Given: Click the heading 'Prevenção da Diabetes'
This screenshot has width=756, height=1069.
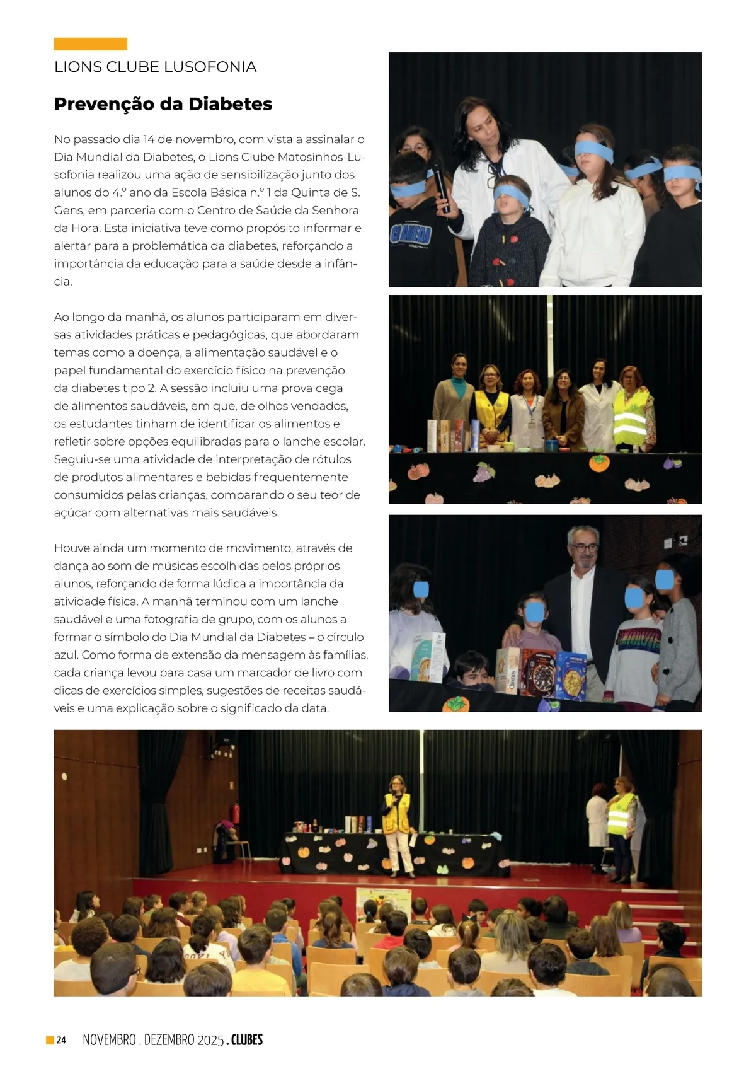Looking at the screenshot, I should (163, 104).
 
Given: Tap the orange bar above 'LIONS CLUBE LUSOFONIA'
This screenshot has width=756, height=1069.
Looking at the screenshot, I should (90, 44).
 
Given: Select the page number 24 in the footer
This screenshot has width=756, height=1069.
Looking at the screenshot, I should (61, 1040).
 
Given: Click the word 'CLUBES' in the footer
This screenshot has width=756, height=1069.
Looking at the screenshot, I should (246, 1040).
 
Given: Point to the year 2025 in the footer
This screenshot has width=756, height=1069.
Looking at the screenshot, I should (210, 1040).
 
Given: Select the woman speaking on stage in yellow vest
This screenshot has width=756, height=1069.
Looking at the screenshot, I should (398, 823).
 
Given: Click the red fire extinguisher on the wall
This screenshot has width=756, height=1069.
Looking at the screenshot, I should (237, 813).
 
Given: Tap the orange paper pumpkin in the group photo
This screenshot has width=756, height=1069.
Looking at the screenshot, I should (599, 463).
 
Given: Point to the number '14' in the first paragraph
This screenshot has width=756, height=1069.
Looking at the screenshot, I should (149, 139).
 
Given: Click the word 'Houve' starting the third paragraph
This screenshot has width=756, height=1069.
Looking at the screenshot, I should (72, 548).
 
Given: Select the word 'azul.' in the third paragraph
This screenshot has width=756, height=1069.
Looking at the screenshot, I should (66, 655).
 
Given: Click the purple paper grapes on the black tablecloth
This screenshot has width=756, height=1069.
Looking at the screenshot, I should (484, 471).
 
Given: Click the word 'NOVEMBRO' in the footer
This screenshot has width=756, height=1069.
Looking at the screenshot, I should (109, 1040).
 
